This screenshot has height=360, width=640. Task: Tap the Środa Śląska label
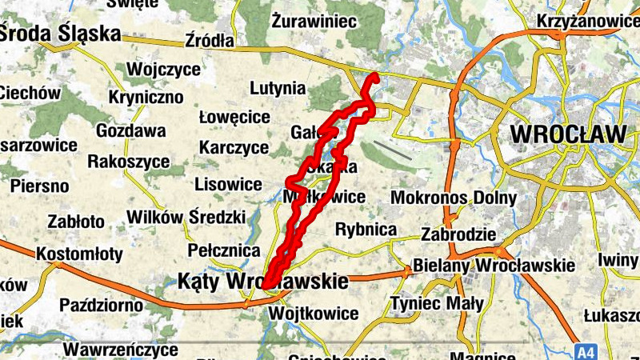61,34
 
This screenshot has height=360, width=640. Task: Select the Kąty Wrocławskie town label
262,282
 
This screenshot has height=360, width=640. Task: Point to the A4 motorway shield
586,350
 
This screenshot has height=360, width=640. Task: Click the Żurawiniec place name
313,20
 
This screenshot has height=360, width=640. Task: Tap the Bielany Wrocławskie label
494,265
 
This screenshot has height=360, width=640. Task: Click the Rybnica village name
366,230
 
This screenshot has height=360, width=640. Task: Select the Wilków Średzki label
176,217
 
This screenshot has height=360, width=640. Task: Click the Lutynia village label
278,88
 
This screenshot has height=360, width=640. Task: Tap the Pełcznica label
224,250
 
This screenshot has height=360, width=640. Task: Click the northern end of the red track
374,78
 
